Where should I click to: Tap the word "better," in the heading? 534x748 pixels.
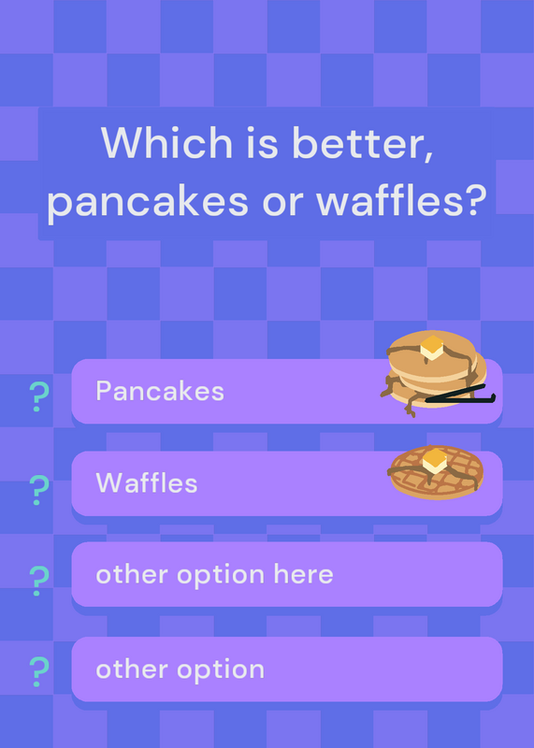click(x=362, y=143)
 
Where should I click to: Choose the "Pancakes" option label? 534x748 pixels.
click(x=160, y=391)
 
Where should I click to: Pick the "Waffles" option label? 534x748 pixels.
click(x=147, y=482)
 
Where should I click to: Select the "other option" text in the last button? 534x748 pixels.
click(x=180, y=669)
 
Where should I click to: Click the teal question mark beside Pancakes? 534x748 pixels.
click(x=39, y=396)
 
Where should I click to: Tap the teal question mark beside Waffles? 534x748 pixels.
click(x=39, y=490)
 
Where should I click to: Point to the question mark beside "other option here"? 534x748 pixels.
click(x=39, y=581)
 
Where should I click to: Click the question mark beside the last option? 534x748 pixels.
click(x=39, y=671)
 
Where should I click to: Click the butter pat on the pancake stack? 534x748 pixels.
click(x=432, y=347)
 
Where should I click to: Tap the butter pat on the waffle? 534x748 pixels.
click(x=435, y=461)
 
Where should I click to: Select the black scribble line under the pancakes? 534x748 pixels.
click(x=460, y=394)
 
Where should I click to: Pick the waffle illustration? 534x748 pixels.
click(x=436, y=472)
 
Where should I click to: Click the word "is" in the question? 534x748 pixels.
click(x=262, y=142)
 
